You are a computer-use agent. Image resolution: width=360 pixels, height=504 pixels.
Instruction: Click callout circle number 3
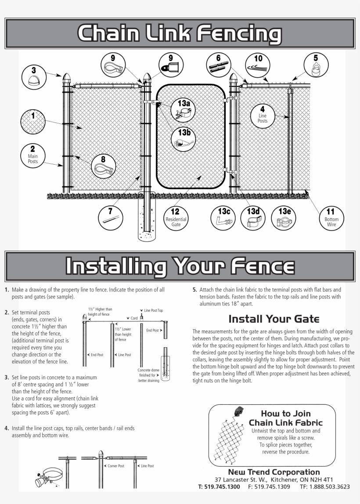click(34, 77)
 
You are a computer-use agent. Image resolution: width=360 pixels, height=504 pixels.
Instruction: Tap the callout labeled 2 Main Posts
click(32, 155)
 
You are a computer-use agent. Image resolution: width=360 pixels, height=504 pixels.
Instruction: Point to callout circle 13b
click(183, 139)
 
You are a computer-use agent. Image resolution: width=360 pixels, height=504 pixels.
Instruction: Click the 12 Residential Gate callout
click(176, 217)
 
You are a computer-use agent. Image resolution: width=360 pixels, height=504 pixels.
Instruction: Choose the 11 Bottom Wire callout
click(331, 217)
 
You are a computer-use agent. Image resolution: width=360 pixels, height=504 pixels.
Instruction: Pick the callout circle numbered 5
click(316, 65)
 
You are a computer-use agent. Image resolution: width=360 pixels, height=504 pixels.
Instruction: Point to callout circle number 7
click(110, 217)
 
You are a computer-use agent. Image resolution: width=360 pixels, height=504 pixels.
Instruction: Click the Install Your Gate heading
click(274, 319)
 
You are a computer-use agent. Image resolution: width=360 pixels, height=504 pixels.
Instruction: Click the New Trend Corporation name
click(274, 472)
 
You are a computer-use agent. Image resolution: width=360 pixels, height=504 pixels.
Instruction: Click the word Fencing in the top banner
click(239, 34)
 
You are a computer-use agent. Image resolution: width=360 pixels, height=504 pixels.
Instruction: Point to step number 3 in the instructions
click(7, 377)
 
